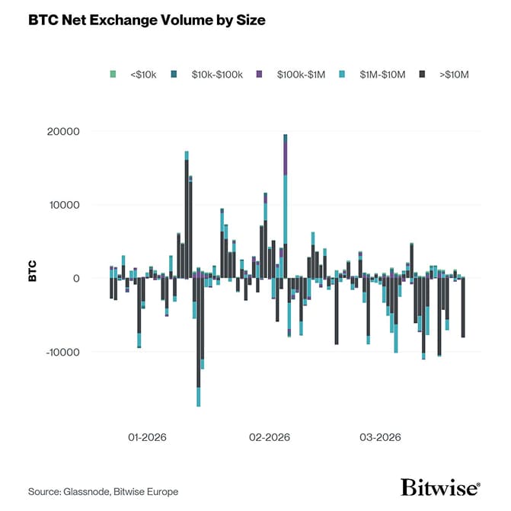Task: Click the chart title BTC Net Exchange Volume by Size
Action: click(x=147, y=21)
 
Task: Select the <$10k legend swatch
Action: click(x=113, y=74)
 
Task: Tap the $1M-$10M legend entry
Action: click(x=378, y=74)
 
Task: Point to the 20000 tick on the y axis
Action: click(x=85, y=132)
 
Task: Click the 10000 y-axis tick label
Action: click(x=85, y=205)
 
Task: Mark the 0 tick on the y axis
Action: click(x=97, y=279)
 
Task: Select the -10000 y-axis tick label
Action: click(x=83, y=352)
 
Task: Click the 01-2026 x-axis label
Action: click(x=147, y=438)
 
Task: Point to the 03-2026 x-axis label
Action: click(x=379, y=438)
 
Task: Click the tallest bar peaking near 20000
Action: click(x=285, y=213)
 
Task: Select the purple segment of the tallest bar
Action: click(x=285, y=157)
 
